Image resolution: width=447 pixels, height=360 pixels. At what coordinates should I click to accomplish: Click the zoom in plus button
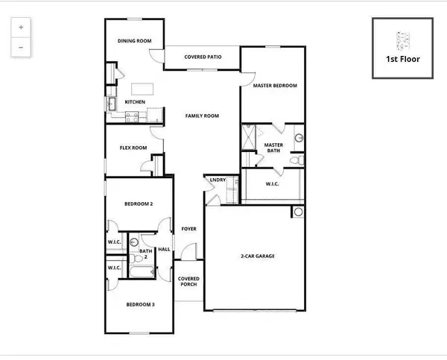pyautogui.click(x=20, y=27)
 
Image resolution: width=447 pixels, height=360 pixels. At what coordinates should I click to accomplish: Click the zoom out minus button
pyautogui.click(x=20, y=47)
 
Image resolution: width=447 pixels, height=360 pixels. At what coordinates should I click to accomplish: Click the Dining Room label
pyautogui.click(x=134, y=40)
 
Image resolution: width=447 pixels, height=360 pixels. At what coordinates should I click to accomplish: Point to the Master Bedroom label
pyautogui.click(x=274, y=86)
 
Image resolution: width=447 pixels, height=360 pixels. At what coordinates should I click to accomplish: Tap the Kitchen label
pyautogui.click(x=135, y=101)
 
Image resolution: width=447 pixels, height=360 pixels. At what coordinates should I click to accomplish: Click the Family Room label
pyautogui.click(x=202, y=116)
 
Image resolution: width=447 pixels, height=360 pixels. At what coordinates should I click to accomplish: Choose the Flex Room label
pyautogui.click(x=133, y=148)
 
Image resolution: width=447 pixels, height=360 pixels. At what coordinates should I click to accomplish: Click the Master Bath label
pyautogui.click(x=274, y=148)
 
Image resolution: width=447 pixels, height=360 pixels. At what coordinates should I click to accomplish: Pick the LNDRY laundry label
pyautogui.click(x=218, y=180)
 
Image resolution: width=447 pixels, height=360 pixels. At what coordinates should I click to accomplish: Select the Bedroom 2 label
pyautogui.click(x=139, y=203)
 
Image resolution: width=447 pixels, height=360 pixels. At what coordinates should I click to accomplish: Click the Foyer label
pyautogui.click(x=189, y=229)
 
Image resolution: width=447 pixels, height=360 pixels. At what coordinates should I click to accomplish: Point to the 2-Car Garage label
pyautogui.click(x=258, y=256)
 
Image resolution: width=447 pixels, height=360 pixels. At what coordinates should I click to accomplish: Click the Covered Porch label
pyautogui.click(x=188, y=282)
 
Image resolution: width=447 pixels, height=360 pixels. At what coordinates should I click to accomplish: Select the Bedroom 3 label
pyautogui.click(x=139, y=304)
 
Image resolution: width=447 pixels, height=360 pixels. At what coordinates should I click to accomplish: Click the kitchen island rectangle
pyautogui.click(x=142, y=88)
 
